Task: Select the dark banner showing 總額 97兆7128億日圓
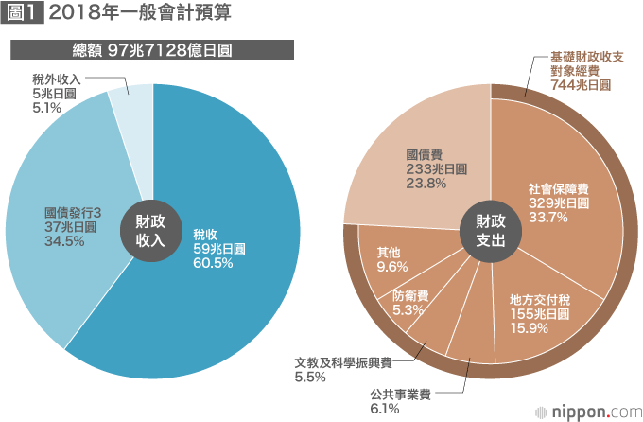[153, 49]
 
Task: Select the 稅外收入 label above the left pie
[56, 80]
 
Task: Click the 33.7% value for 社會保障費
[547, 217]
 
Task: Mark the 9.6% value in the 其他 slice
[391, 267]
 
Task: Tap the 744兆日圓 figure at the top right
[580, 85]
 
